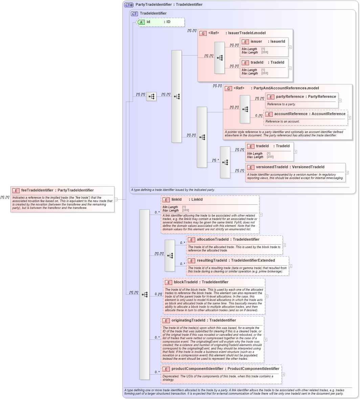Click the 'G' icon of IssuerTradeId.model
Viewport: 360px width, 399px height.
pyautogui.click(x=203, y=33)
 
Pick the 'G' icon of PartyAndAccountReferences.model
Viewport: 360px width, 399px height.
pyautogui.click(x=228, y=88)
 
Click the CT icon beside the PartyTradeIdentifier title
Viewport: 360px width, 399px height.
pyautogui.click(x=129, y=5)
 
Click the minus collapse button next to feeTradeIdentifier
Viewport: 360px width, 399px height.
pyautogui.click(x=116, y=199)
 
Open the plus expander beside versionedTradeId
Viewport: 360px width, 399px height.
pyautogui.click(x=347, y=173)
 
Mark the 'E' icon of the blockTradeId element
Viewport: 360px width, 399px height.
pyautogui.click(x=168, y=282)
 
